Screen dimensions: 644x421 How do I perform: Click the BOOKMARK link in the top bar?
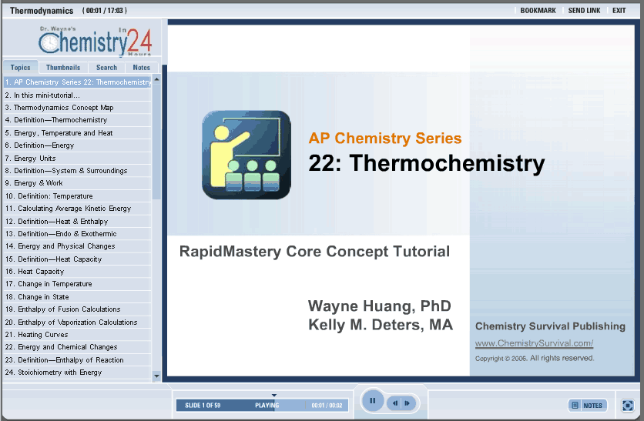pos(538,11)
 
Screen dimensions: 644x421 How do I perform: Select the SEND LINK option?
pos(584,11)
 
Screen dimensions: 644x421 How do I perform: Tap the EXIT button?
pos(619,11)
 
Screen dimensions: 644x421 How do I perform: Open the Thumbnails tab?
pos(63,67)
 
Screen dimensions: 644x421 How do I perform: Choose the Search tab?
pos(106,67)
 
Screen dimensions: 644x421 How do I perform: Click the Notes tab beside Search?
pos(141,67)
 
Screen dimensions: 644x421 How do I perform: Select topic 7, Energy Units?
pos(30,159)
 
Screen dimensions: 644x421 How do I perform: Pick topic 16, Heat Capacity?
pos(35,272)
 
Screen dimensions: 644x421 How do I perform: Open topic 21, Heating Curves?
pos(36,335)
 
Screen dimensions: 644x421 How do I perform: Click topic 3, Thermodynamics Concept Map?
pos(59,108)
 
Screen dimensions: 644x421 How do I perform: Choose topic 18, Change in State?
pos(37,297)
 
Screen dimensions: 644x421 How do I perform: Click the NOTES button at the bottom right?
pos(588,406)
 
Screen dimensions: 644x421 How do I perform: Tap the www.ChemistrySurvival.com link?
pos(534,343)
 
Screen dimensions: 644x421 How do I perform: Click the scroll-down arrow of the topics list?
pos(156,376)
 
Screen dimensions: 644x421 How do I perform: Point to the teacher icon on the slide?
pos(247,155)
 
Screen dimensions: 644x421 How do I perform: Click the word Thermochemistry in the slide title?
pos(447,163)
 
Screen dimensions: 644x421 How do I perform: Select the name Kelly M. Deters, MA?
pos(381,325)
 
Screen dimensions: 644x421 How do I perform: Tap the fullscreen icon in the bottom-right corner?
pos(628,406)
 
